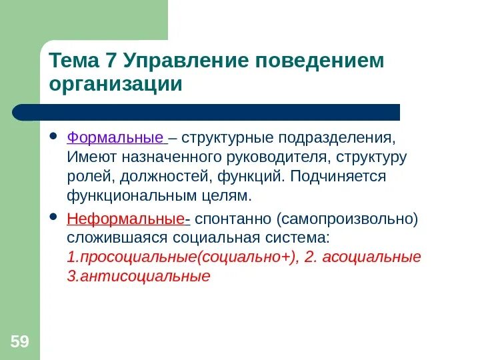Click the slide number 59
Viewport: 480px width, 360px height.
tap(19, 343)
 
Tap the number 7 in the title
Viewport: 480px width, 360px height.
tap(111, 61)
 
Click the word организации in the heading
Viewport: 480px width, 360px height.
tap(115, 85)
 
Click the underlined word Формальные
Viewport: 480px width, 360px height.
tap(115, 139)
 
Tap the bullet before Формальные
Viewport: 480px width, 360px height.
tap(54, 139)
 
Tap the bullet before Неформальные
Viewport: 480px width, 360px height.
tap(54, 219)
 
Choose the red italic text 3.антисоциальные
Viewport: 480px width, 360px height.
tap(139, 276)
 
